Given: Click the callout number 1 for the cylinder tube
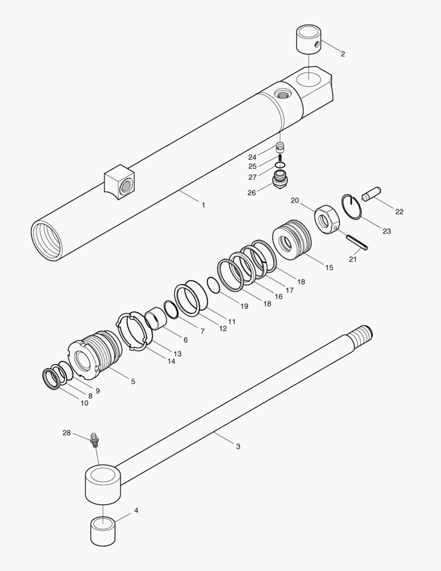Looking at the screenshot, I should (203, 205).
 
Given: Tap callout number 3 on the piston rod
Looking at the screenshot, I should (238, 446).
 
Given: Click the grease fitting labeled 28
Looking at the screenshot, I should (95, 438).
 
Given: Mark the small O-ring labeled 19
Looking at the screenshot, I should (213, 285).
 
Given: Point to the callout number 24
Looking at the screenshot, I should (252, 157).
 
